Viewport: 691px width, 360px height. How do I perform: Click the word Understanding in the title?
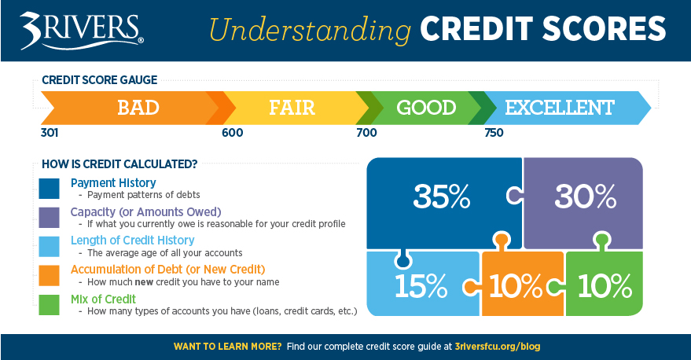tap(310, 29)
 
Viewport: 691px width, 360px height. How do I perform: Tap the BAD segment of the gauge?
tap(138, 108)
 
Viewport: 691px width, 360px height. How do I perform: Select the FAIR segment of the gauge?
tap(293, 108)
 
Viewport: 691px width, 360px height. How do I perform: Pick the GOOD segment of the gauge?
tap(425, 108)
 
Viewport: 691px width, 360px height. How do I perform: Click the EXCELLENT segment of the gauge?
tap(559, 108)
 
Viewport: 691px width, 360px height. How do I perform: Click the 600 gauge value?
tap(233, 133)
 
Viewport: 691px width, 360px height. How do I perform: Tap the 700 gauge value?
tap(366, 133)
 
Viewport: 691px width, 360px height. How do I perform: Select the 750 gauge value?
tap(494, 133)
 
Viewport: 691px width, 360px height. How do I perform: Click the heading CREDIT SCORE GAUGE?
tap(99, 80)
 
